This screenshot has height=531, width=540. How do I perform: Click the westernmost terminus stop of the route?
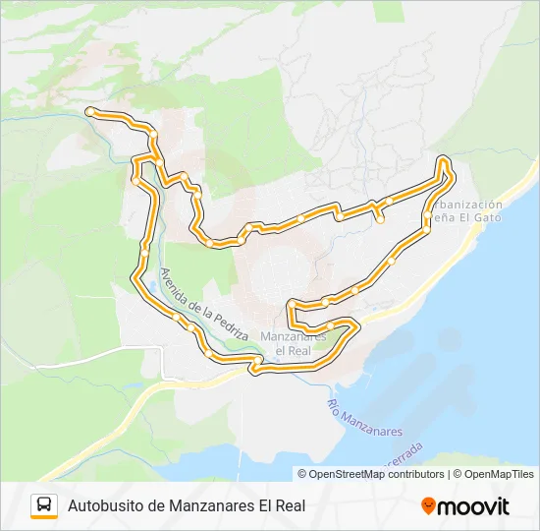point(89,112)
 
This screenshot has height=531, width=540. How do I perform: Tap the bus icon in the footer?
point(44,505)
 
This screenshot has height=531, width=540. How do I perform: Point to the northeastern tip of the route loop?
point(444,160)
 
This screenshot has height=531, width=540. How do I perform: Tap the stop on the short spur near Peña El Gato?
point(380,220)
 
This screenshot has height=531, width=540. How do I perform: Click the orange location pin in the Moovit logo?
point(429,506)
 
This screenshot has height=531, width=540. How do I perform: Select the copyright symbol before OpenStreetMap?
point(302,474)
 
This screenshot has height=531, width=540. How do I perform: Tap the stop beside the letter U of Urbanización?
point(426,214)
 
